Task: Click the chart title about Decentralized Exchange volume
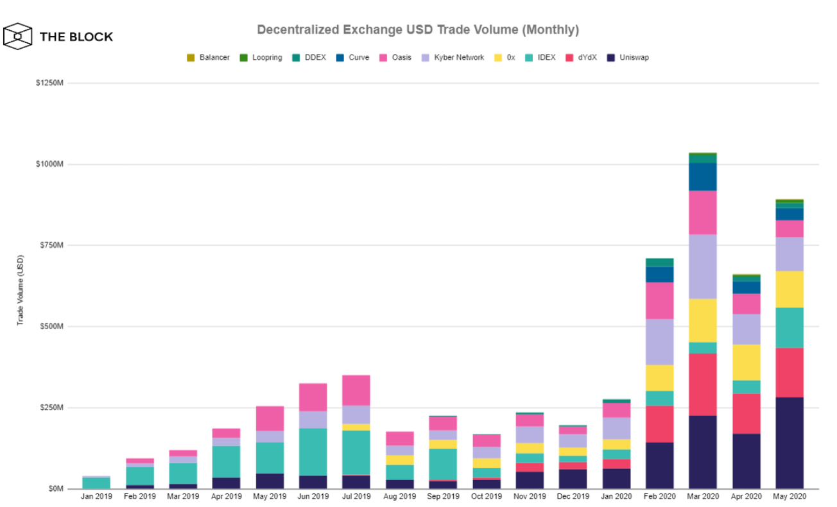pos(418,30)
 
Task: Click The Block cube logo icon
pos(17,36)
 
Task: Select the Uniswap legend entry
pos(628,58)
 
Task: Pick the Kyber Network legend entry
pos(453,58)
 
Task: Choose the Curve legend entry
pos(354,58)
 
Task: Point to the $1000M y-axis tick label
pos(49,164)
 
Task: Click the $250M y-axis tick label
pos(51,408)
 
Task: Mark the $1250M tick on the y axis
pos(49,83)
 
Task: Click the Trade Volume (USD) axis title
pos(20,290)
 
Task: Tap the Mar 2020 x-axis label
pos(702,496)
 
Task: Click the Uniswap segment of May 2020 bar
pos(789,443)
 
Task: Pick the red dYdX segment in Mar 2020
pos(702,384)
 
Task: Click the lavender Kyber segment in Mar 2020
pos(702,266)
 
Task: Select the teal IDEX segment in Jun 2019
pos(313,452)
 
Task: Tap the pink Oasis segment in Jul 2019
pos(356,390)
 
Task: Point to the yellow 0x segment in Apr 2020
pos(746,362)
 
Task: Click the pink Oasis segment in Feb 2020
pos(659,300)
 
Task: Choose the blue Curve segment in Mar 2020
pos(702,176)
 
